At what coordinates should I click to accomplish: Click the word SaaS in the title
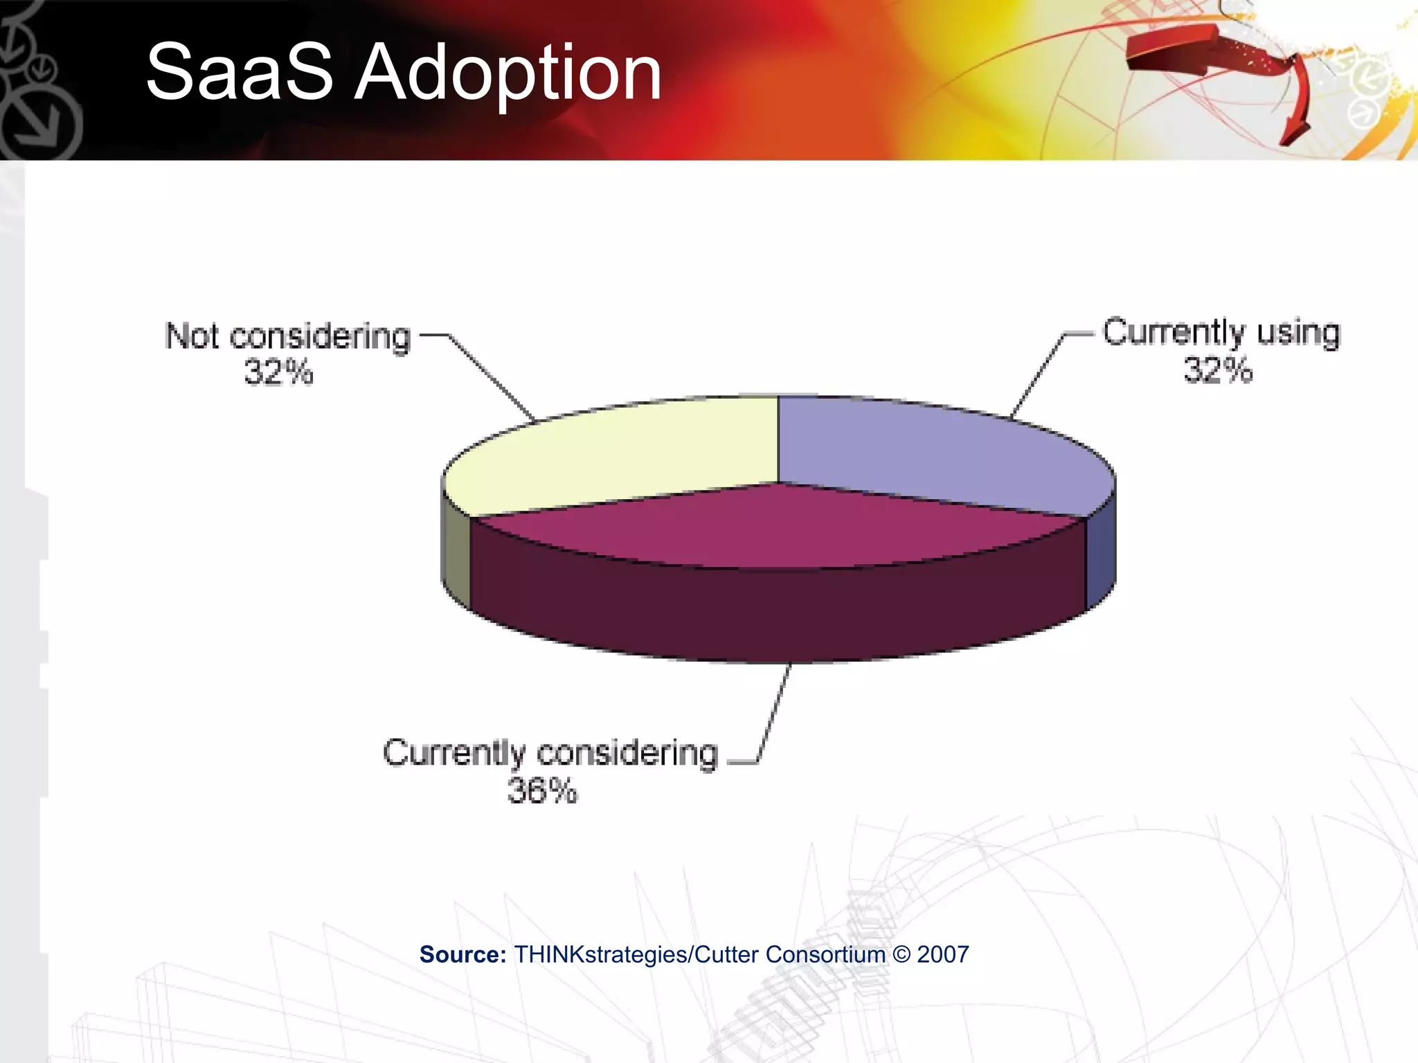pyautogui.click(x=239, y=73)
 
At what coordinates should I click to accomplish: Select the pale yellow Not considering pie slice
pyautogui.click(x=616, y=453)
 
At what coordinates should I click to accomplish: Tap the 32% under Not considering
pyautogui.click(x=278, y=372)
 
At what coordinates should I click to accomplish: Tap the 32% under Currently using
pyautogui.click(x=1218, y=370)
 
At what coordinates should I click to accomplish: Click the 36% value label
pyautogui.click(x=542, y=790)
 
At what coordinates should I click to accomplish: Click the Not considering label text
pyautogui.click(x=288, y=336)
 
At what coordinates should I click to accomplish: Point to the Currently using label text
pyautogui.click(x=1221, y=332)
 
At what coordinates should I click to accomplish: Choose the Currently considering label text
pyautogui.click(x=550, y=753)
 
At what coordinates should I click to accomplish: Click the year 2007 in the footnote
pyautogui.click(x=942, y=954)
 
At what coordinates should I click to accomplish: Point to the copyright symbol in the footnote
pyautogui.click(x=901, y=954)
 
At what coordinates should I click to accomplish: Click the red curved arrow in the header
pyautogui.click(x=1219, y=62)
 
